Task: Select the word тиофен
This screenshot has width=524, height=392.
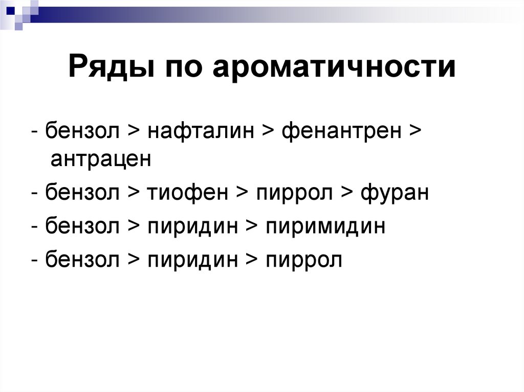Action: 187,194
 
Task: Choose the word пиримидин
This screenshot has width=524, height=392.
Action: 325,226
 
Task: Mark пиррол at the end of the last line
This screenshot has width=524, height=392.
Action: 304,260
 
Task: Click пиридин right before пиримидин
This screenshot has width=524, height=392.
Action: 193,226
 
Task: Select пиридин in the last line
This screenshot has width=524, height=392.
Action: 193,260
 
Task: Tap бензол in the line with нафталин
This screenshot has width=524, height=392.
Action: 82,131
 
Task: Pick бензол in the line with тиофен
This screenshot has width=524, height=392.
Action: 82,194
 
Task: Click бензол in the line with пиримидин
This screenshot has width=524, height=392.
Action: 82,226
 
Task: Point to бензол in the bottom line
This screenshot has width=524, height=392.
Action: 82,260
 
